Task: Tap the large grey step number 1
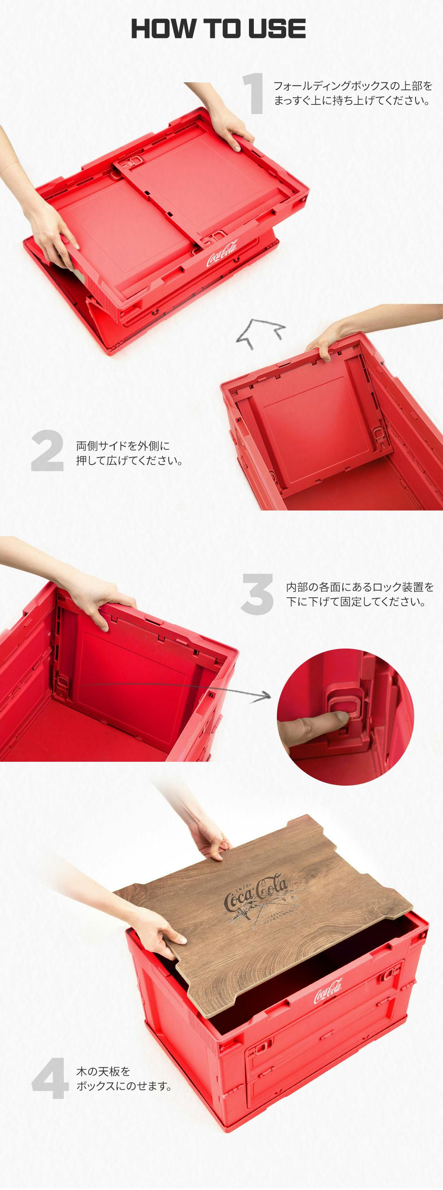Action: click(x=253, y=93)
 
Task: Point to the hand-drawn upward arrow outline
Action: click(x=260, y=333)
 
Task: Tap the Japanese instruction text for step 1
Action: click(x=352, y=93)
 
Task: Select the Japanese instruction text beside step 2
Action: click(x=129, y=453)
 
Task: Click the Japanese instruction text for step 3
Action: click(x=360, y=594)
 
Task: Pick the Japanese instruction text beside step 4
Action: click(x=124, y=1078)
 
